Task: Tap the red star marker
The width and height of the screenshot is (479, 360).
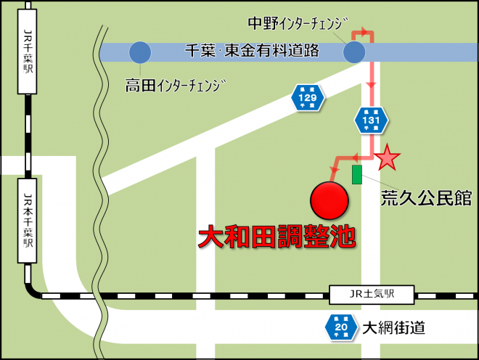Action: pos(388,156)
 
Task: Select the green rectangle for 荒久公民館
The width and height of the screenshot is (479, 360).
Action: pos(356,174)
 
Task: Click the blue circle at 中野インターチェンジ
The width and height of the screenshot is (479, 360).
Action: pos(354,52)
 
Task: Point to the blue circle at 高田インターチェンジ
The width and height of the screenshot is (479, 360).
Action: pos(139,52)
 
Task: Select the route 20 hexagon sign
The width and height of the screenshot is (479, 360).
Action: pos(340,327)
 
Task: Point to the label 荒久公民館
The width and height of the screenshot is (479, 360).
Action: pos(427,197)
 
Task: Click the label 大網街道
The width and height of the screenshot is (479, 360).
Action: pos(394,327)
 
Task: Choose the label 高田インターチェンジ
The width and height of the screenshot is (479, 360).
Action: pos(176,86)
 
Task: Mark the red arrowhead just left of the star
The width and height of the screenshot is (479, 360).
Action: pos(356,157)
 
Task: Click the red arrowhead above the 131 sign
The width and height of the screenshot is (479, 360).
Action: pos(372,85)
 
